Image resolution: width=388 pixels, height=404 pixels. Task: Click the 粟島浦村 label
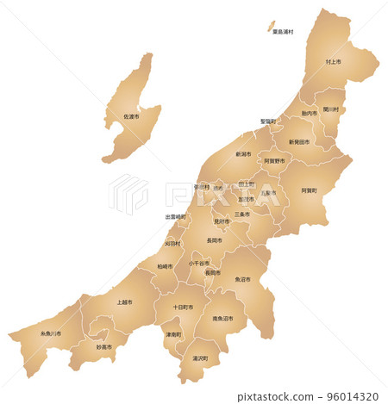[284, 32]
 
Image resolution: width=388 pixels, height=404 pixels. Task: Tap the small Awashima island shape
[269, 25]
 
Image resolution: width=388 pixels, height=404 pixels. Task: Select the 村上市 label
[333, 63]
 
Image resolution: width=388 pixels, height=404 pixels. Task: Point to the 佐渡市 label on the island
[131, 117]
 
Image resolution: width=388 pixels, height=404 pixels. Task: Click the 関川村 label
[331, 109]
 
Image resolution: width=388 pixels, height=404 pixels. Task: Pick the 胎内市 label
[309, 114]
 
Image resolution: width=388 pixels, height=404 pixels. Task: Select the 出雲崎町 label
[175, 217]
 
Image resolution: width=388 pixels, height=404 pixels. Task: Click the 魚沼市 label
[242, 279]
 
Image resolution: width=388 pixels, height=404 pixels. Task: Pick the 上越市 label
[124, 302]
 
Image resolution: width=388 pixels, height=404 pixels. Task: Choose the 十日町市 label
[182, 307]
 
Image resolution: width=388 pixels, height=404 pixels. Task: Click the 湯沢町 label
[200, 357]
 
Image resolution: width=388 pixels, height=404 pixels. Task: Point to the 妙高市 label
[103, 346]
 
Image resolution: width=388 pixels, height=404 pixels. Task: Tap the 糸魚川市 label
[51, 333]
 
